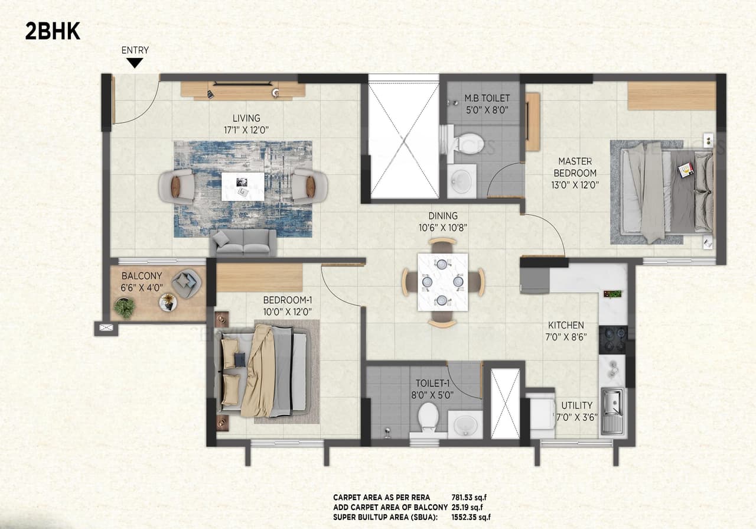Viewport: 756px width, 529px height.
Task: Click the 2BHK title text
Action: point(53,31)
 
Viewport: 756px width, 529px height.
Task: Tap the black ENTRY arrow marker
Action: point(135,63)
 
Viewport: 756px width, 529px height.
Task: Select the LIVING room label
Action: point(246,118)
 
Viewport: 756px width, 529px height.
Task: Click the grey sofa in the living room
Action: point(243,242)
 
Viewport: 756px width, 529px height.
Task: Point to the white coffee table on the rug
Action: point(243,186)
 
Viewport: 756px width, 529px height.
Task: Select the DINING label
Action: point(443,216)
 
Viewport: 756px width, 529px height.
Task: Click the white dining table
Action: point(442,282)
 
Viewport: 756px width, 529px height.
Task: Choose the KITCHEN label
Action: point(566,325)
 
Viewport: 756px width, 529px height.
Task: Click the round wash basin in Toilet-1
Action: point(464,424)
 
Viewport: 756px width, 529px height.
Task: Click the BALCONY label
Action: point(142,276)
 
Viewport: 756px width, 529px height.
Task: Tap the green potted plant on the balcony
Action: point(125,306)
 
